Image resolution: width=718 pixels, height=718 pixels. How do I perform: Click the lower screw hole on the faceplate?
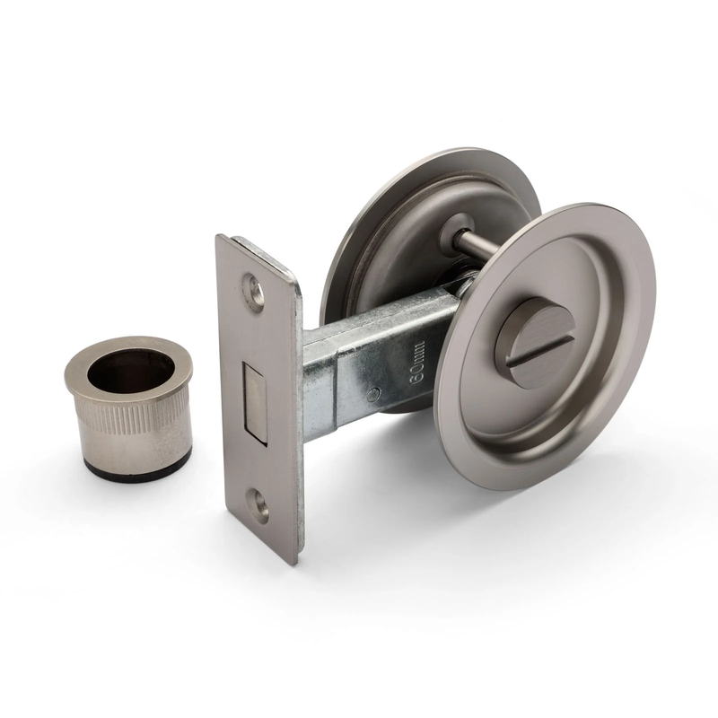[x=259, y=504]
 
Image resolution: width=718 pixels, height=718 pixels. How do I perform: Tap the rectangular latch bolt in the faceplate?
[x=256, y=403]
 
